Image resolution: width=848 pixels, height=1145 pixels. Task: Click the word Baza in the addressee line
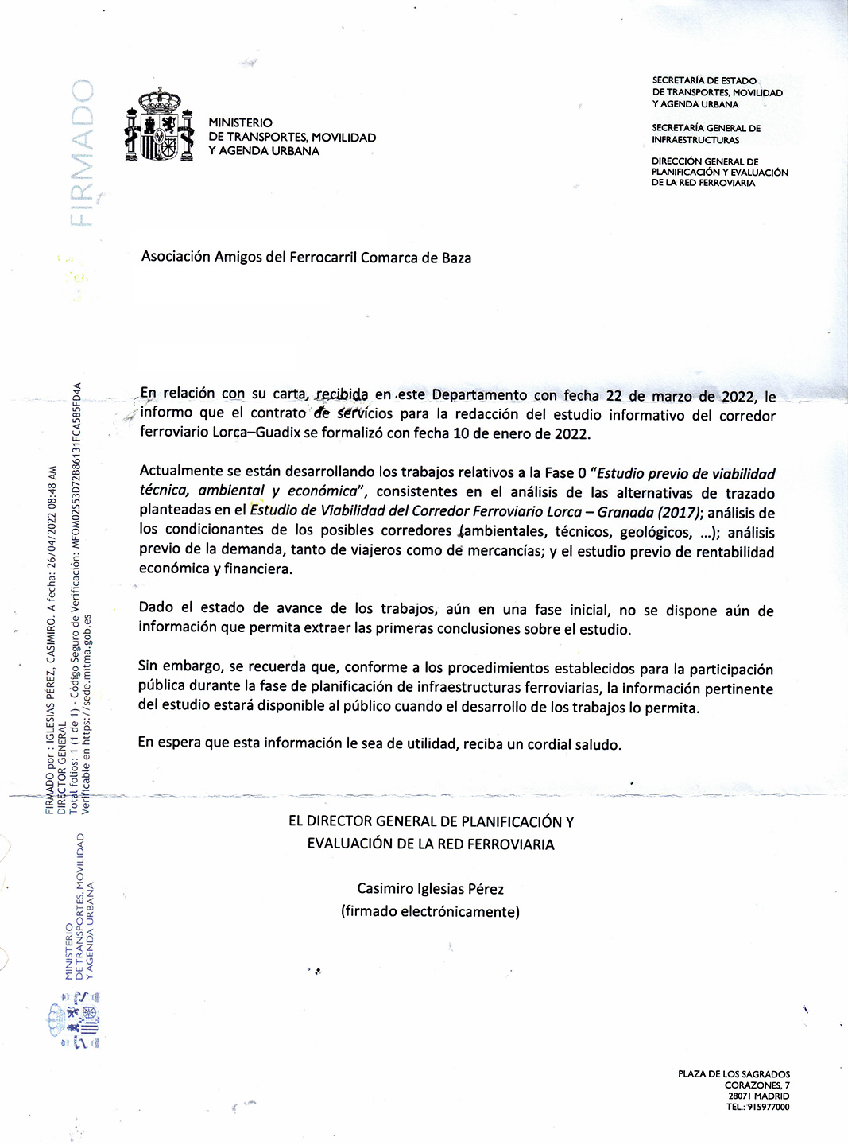[x=456, y=258]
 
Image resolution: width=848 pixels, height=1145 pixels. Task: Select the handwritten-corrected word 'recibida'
[x=342, y=394]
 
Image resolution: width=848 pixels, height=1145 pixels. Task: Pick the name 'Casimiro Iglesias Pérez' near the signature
[x=430, y=889]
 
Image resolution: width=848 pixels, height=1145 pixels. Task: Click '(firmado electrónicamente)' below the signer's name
[x=430, y=911]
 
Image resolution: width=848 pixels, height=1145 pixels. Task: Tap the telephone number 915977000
[x=768, y=1107]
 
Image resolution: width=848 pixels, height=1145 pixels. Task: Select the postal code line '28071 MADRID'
[x=758, y=1096]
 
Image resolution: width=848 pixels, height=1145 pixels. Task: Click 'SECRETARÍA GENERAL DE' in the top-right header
[x=706, y=128]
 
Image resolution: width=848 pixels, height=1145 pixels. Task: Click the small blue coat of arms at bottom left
[x=76, y=1025]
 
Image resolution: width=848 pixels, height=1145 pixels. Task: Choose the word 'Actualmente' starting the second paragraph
[x=176, y=472]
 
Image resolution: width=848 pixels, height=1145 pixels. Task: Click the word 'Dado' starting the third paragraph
[x=156, y=607]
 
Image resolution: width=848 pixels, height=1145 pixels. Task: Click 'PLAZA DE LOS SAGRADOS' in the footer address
[x=734, y=1074]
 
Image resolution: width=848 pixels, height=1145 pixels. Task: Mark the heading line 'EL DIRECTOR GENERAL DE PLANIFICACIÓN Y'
[x=430, y=821]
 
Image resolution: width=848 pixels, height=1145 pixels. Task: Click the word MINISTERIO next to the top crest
[x=240, y=122]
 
